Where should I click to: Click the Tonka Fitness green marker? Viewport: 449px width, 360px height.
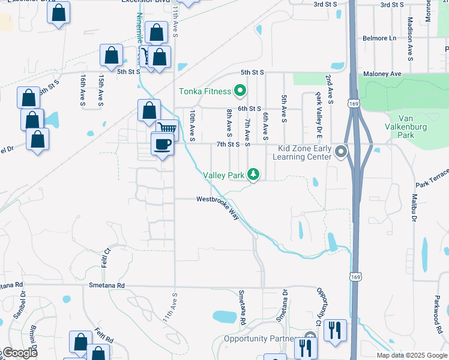click(x=240, y=91)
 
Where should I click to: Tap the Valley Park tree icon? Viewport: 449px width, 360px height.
click(x=254, y=175)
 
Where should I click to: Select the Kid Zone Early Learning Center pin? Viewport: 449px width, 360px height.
click(x=342, y=151)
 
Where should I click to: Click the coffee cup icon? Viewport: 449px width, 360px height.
click(x=163, y=144)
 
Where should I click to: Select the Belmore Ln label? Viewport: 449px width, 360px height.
click(x=379, y=38)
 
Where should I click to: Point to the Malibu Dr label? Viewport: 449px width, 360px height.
click(x=414, y=207)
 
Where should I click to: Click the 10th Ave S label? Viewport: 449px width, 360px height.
click(x=193, y=125)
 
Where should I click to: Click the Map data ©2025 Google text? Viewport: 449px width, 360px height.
click(x=412, y=355)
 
